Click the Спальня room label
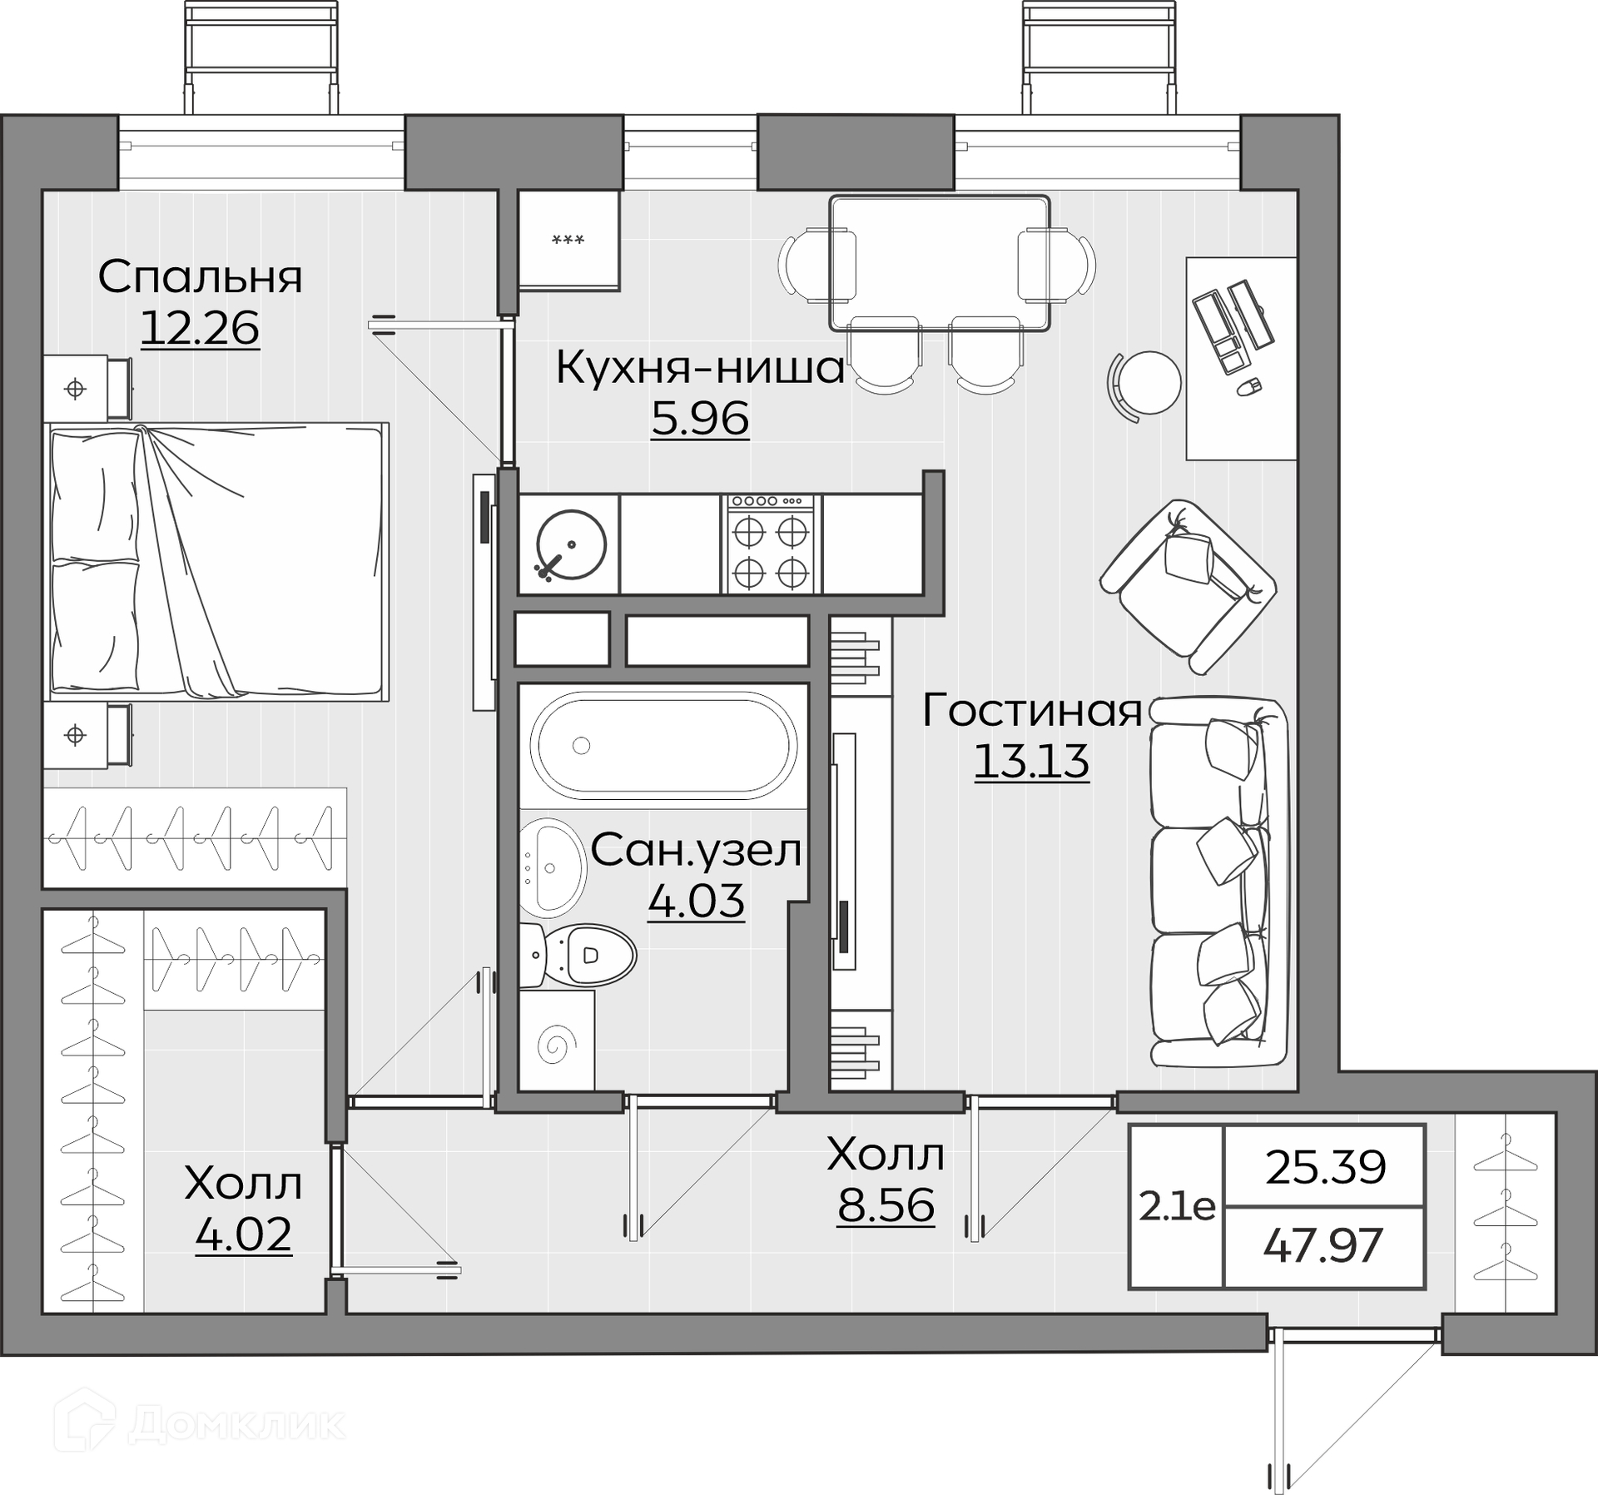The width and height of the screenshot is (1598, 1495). (x=200, y=278)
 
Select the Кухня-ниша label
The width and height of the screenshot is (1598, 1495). (x=700, y=367)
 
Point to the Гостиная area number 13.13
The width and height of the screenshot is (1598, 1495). (x=1031, y=761)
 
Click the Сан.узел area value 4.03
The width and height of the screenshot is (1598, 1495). (x=696, y=901)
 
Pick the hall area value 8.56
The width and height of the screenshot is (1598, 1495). (x=886, y=1204)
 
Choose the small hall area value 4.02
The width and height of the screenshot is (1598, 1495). (x=243, y=1234)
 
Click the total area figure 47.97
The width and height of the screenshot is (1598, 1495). (x=1323, y=1247)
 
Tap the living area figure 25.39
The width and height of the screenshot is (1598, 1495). (x=1326, y=1167)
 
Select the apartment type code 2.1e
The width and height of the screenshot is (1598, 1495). (x=1177, y=1207)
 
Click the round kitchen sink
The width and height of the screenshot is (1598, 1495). (x=571, y=544)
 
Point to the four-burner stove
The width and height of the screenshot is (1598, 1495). (x=771, y=544)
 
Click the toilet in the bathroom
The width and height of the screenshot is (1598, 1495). (x=578, y=953)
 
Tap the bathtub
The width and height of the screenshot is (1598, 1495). (x=663, y=745)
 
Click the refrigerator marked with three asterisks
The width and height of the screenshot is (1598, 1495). (x=569, y=240)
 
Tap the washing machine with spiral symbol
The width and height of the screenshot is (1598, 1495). (x=557, y=1040)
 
